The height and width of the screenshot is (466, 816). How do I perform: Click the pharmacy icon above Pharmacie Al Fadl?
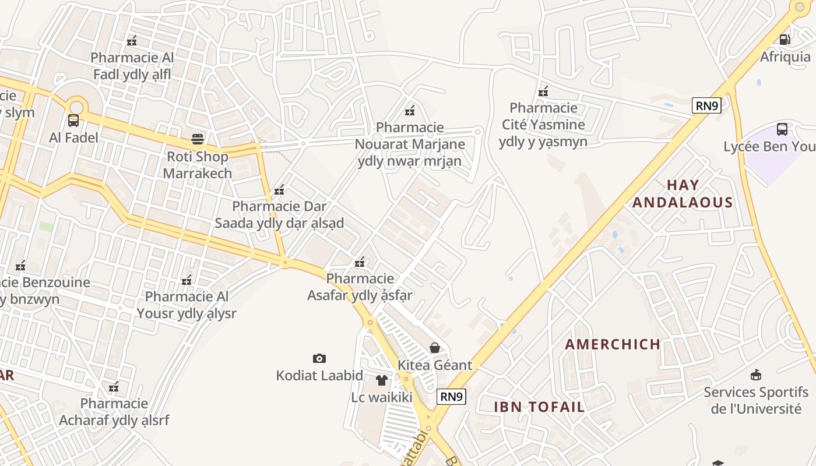(132, 40)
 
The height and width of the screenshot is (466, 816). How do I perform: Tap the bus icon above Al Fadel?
(73, 121)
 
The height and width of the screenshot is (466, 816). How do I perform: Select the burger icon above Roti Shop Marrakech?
(198, 139)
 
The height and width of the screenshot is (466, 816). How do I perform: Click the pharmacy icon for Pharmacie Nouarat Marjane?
(410, 110)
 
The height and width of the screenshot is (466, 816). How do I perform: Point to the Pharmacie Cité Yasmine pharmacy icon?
(543, 91)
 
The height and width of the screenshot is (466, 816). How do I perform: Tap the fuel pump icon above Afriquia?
(785, 40)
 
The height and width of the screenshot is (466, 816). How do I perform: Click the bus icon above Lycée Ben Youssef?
(782, 129)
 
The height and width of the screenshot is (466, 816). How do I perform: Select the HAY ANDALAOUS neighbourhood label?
(683, 194)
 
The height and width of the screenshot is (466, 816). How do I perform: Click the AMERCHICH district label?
(613, 344)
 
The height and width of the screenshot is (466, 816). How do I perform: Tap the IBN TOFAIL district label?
(539, 407)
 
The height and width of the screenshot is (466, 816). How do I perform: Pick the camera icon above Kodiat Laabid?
(319, 358)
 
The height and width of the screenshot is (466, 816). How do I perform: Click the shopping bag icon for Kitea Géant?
(435, 348)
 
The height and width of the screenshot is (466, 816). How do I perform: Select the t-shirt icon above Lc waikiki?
(381, 380)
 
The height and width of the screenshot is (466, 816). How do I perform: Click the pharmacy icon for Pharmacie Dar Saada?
(279, 189)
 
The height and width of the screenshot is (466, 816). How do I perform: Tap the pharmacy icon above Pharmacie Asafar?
(360, 262)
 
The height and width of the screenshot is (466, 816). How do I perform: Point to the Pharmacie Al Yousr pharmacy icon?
(187, 280)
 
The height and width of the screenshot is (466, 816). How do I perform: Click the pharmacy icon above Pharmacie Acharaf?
(114, 386)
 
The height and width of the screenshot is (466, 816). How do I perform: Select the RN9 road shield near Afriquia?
(707, 105)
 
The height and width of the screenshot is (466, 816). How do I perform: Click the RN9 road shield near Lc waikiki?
(451, 397)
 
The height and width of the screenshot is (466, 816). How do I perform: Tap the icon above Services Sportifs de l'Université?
(756, 375)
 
